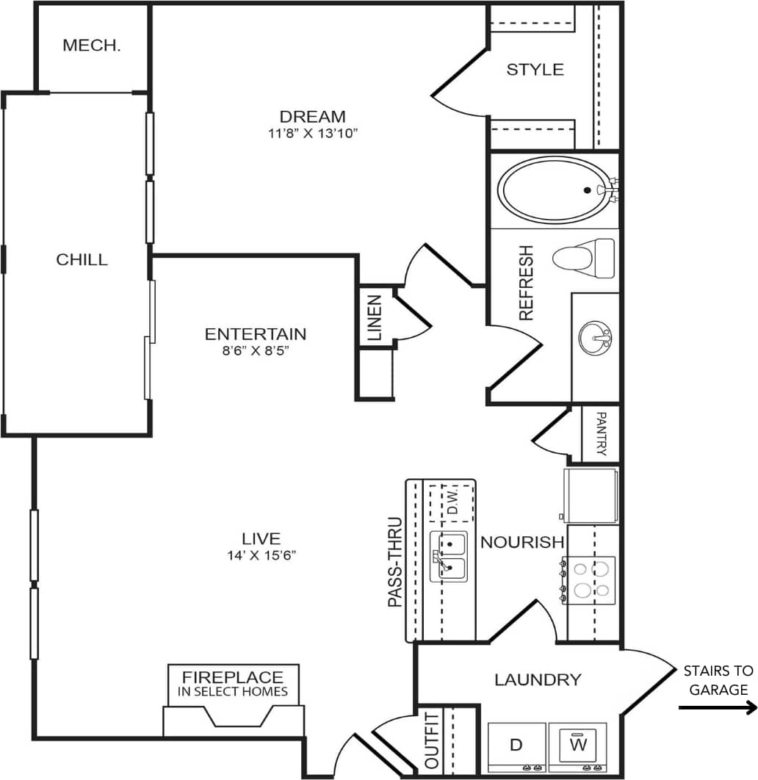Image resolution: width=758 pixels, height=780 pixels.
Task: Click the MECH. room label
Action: pyautogui.click(x=92, y=46)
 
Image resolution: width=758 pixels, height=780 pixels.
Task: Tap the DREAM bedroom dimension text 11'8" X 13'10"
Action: pyautogui.click(x=312, y=134)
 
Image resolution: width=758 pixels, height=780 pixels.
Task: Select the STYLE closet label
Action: pyautogui.click(x=535, y=70)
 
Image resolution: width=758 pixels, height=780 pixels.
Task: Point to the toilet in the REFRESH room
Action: pyautogui.click(x=582, y=257)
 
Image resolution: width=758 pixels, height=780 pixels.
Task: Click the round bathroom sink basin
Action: pyautogui.click(x=594, y=339)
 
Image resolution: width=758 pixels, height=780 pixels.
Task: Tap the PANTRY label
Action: pyautogui.click(x=601, y=434)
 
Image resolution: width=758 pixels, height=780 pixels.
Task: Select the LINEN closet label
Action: pyautogui.click(x=375, y=317)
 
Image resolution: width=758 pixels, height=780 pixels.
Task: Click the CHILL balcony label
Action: pyautogui.click(x=82, y=259)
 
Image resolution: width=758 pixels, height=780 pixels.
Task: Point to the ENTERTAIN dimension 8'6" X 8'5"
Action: pyautogui.click(x=255, y=350)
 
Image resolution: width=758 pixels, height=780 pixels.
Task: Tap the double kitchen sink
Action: pyautogui.click(x=448, y=557)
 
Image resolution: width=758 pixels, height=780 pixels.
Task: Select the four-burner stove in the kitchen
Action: pyautogui.click(x=590, y=579)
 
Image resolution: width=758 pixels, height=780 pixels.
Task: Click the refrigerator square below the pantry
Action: pyautogui.click(x=591, y=495)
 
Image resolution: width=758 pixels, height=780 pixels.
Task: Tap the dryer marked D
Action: pyautogui.click(x=517, y=745)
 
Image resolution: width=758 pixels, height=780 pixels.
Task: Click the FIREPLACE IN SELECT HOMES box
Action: pyautogui.click(x=233, y=684)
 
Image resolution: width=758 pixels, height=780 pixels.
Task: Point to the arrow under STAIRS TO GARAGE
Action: pyautogui.click(x=717, y=708)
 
